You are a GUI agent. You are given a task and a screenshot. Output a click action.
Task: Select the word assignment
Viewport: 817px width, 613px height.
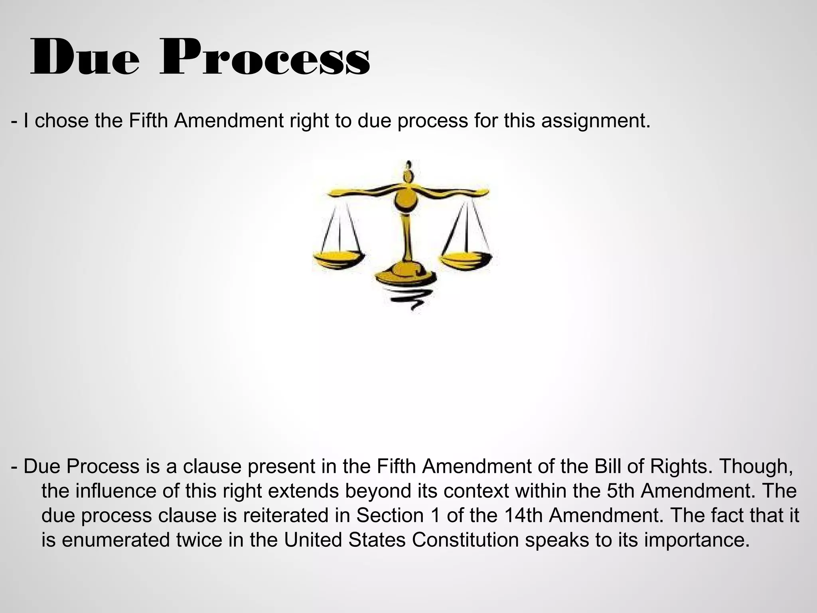[x=596, y=121]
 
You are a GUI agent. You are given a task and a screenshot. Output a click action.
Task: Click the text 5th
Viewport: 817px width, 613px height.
[x=620, y=491]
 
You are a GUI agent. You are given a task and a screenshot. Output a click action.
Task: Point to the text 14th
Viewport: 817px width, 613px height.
[x=523, y=515]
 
